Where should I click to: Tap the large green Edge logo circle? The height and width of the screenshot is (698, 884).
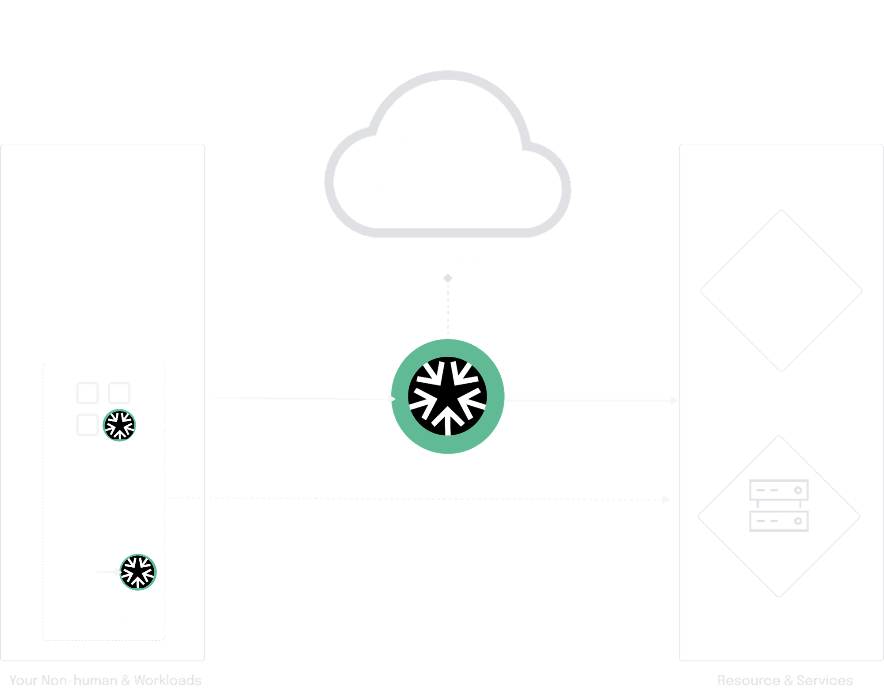(448, 396)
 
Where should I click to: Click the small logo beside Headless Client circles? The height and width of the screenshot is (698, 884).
(138, 572)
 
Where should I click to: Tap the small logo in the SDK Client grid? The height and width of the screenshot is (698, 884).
(119, 425)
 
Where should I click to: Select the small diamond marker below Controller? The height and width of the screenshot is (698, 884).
(448, 278)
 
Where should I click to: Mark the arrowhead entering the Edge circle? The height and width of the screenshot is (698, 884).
(391, 399)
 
